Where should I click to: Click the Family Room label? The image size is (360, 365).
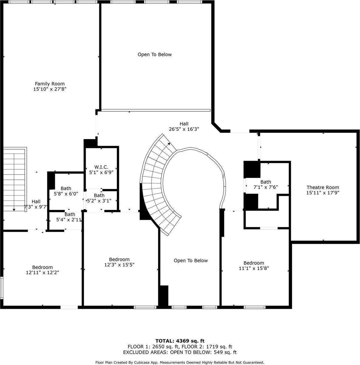(50, 84)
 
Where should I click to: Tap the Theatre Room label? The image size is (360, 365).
(323, 188)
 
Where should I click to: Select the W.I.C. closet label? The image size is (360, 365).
(101, 167)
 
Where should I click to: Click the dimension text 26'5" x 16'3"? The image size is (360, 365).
(184, 129)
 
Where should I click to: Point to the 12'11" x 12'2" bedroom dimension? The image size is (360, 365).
(43, 273)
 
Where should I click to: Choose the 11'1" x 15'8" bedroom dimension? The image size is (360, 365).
(254, 268)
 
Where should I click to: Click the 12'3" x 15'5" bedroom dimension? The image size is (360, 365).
(119, 265)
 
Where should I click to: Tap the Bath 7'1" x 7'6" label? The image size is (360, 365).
(266, 185)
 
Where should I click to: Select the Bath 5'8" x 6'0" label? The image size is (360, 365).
(66, 191)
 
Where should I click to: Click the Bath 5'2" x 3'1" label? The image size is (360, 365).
(99, 198)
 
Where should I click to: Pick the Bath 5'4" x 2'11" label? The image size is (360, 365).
(69, 217)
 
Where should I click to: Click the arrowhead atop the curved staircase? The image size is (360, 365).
(169, 144)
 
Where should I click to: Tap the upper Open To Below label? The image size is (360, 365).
(155, 54)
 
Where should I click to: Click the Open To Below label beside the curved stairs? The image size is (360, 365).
(191, 261)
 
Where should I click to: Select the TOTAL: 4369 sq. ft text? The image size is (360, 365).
(180, 341)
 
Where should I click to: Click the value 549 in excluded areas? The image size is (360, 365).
(218, 352)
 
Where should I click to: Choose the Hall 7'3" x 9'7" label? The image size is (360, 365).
(36, 204)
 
